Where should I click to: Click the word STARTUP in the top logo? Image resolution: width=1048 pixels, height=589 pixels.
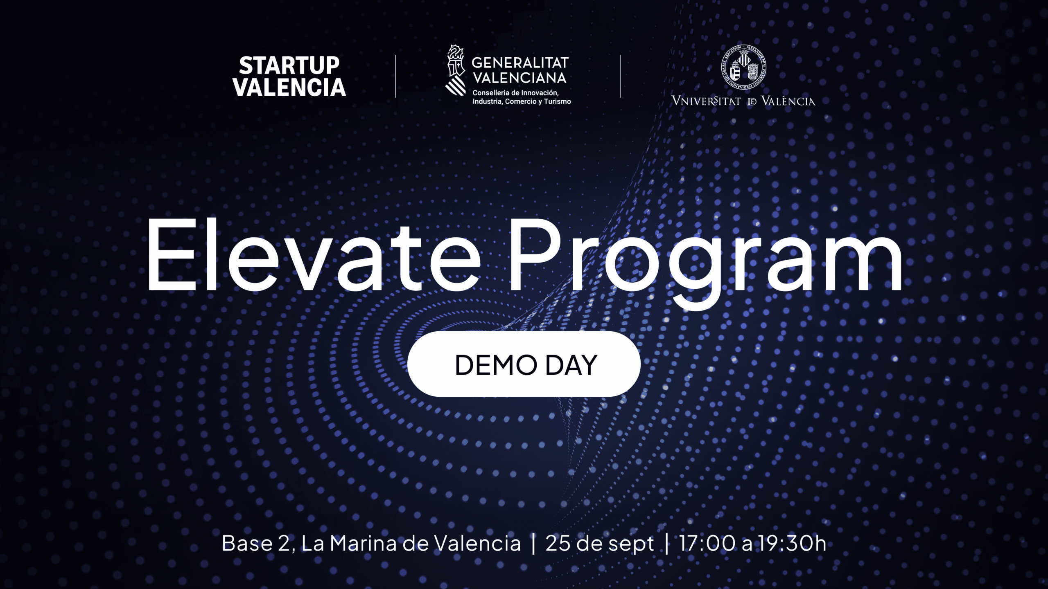[289, 65]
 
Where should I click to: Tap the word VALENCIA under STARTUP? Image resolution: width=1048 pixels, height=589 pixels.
[289, 88]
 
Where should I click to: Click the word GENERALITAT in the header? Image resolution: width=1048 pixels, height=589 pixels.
[520, 63]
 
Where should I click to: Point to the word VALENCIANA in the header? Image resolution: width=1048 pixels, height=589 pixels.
[520, 78]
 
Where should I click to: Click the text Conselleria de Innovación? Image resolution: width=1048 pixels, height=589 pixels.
[515, 93]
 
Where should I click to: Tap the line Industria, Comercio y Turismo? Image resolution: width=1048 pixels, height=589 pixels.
[522, 101]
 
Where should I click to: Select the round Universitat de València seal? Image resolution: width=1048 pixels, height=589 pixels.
[743, 68]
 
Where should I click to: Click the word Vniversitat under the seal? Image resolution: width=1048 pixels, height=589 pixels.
[707, 101]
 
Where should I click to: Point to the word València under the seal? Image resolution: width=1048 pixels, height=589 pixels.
[788, 101]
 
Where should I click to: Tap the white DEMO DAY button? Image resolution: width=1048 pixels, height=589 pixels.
[524, 364]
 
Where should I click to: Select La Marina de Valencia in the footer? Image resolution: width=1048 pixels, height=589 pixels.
[411, 543]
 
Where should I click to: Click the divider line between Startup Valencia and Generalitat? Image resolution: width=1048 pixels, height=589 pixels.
[395, 76]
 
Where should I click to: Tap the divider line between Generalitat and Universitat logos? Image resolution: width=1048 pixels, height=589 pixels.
[620, 76]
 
